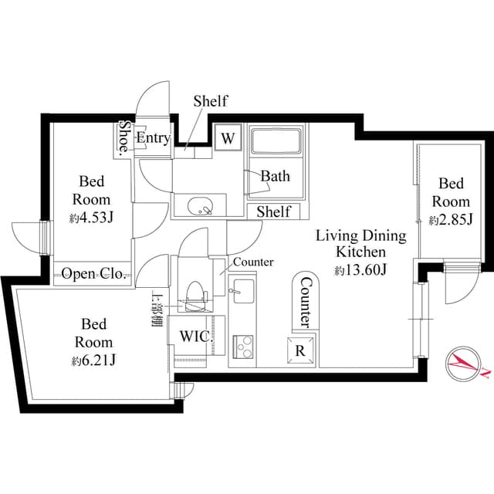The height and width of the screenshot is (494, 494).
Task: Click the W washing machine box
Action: coord(228,138)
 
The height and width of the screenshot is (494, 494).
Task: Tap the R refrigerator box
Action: coord(300,348)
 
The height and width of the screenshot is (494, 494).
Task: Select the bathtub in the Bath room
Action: coord(276,142)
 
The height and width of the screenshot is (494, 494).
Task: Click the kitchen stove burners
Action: coord(243,344)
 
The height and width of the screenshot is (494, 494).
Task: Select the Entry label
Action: coord(153,138)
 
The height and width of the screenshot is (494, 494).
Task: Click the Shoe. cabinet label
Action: coord(123,139)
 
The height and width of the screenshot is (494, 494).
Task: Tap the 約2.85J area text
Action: coord(450,221)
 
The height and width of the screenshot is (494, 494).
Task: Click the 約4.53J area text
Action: coord(92,218)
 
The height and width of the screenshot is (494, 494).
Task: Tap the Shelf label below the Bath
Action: coord(273,211)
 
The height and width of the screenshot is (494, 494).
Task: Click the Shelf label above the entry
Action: coord(210,101)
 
